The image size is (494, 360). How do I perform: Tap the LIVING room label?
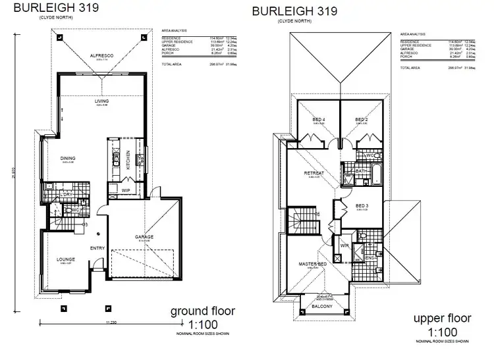click(x=101, y=101)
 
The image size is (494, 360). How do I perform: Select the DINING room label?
click(x=68, y=158)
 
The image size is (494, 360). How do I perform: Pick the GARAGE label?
click(x=145, y=236)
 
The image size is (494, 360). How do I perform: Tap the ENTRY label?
click(x=97, y=247)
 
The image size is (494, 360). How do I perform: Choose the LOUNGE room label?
click(x=66, y=259)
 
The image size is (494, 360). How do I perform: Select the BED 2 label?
click(x=360, y=119)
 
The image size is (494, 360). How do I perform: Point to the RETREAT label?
click(x=312, y=173)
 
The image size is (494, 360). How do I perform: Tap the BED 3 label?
click(x=361, y=205)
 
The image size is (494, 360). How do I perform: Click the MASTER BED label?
click(x=312, y=264)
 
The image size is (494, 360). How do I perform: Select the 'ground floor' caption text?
click(x=203, y=310)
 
